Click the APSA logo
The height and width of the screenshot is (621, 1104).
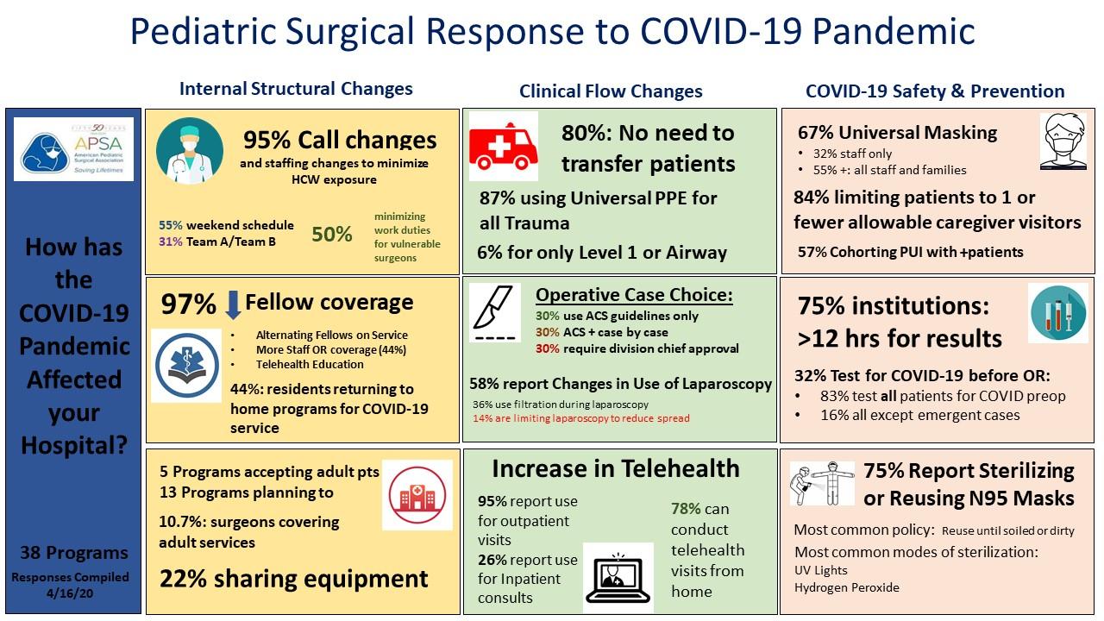point(74,148)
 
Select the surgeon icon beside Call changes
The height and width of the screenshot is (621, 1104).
point(189,150)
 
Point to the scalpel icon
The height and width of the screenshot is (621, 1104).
point(494,312)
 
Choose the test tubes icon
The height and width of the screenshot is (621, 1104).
point(1057,313)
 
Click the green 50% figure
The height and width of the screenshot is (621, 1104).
point(332,235)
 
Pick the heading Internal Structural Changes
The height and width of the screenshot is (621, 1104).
point(296,89)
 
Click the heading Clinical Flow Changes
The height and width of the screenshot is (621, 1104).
point(611,91)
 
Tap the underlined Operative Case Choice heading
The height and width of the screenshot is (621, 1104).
point(634,295)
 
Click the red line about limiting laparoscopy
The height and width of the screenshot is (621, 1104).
point(580,419)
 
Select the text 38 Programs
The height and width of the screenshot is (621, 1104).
point(74,553)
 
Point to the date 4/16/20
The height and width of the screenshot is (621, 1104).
point(74,594)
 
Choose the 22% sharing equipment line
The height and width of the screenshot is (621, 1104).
point(293,580)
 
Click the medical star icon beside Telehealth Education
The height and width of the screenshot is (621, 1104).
point(186,367)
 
